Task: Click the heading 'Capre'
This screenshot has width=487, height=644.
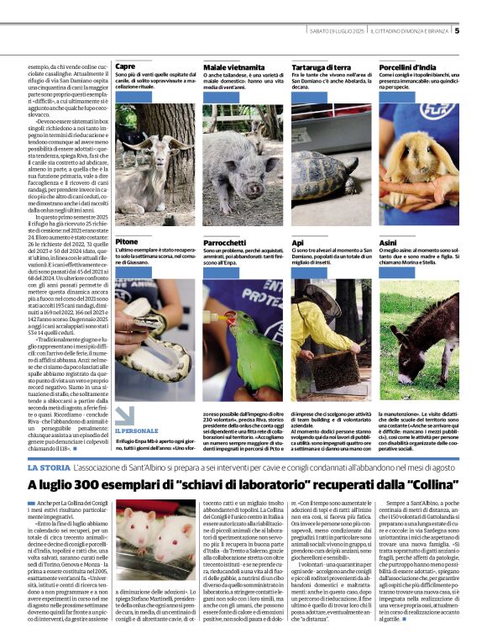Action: click(125, 66)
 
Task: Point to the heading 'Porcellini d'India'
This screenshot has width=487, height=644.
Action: click(411, 66)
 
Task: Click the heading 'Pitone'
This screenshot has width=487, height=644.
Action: click(127, 241)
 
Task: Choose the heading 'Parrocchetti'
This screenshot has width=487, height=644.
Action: click(228, 241)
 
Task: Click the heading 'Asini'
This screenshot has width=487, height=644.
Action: click(388, 241)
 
